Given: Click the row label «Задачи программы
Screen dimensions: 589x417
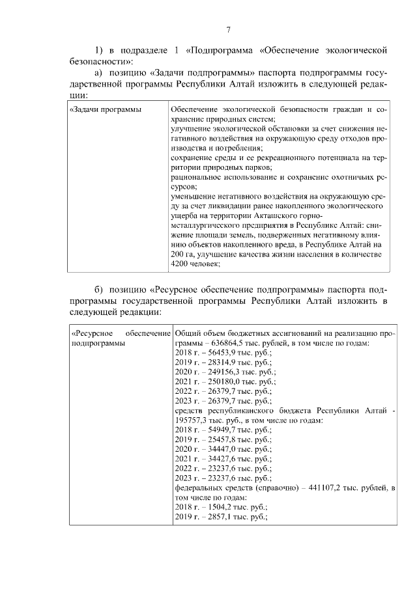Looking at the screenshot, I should pyautogui.click(x=106, y=109).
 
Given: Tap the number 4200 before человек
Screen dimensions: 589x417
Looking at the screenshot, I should pyautogui.click(x=179, y=264).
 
